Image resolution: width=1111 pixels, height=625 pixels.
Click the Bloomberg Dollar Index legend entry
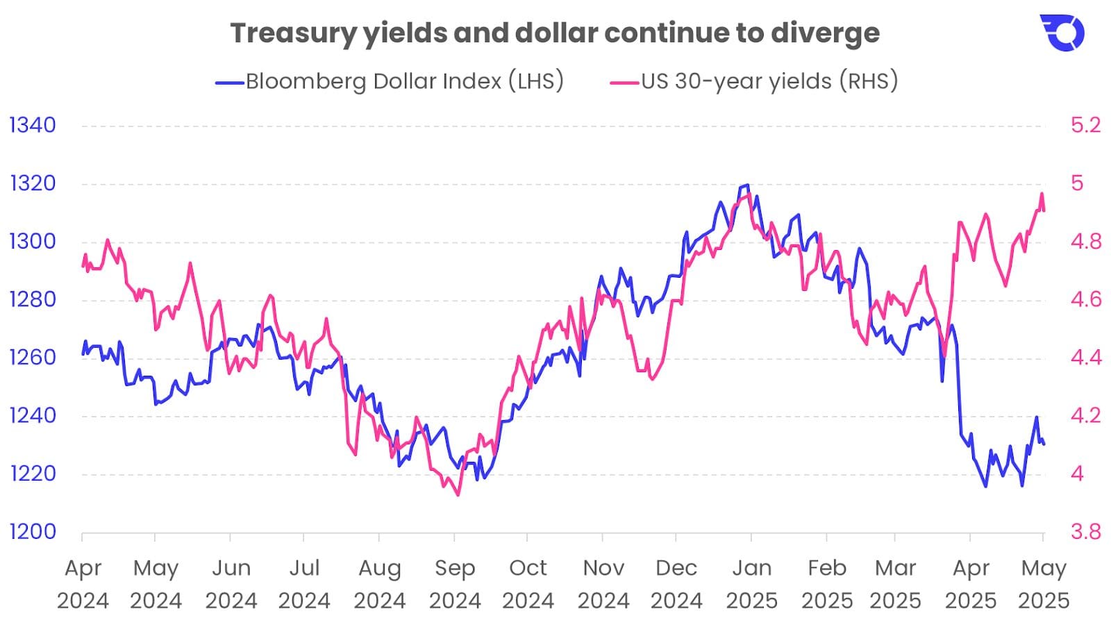pyautogui.click(x=390, y=81)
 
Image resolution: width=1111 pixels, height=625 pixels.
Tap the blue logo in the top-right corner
pyautogui.click(x=1062, y=33)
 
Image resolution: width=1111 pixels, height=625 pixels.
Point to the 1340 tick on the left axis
pyautogui.click(x=32, y=125)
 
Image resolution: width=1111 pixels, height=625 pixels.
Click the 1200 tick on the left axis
pyautogui.click(x=32, y=532)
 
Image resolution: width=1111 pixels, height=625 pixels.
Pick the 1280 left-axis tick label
pyautogui.click(x=32, y=299)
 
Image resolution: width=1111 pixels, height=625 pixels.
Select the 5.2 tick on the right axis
pyautogui.click(x=1086, y=125)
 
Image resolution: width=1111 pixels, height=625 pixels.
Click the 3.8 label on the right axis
pyautogui.click(x=1086, y=532)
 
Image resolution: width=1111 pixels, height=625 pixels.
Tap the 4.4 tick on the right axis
pyautogui.click(x=1086, y=358)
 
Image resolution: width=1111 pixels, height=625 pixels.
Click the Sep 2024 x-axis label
pyautogui.click(x=455, y=583)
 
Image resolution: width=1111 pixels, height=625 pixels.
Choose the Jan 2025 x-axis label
pyautogui.click(x=751, y=583)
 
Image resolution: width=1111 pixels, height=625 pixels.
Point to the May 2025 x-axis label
pyautogui.click(x=1044, y=583)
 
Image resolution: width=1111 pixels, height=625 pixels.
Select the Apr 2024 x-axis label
pyautogui.click(x=83, y=583)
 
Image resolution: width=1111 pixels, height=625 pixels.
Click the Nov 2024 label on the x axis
pyautogui.click(x=603, y=583)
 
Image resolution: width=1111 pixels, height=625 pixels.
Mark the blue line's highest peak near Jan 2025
pyautogui.click(x=746, y=185)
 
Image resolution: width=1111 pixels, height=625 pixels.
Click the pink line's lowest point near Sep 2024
pyautogui.click(x=458, y=495)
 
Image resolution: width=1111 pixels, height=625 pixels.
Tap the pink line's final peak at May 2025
pyautogui.click(x=1042, y=194)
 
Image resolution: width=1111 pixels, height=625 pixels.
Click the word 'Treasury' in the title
pyautogui.click(x=292, y=33)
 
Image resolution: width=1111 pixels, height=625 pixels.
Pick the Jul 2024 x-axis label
pyautogui.click(x=304, y=583)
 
